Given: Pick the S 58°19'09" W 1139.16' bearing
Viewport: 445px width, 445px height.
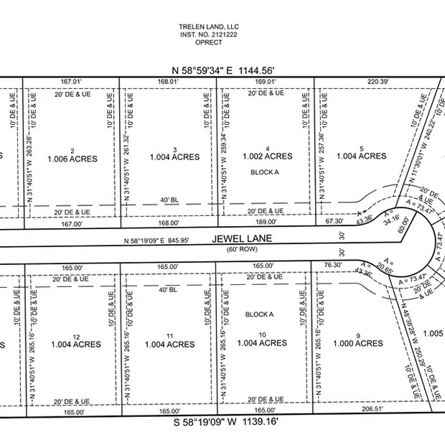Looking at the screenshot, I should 225,422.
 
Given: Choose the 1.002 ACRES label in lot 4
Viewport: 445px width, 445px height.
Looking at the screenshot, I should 267,156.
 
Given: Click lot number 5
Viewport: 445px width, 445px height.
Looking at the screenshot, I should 362,149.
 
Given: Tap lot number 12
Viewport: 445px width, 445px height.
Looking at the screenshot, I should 75,336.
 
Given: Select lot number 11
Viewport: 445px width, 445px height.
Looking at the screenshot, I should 169,336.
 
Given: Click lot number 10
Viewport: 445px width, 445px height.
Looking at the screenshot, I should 262,335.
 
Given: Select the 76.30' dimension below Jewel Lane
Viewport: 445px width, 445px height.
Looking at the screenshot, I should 332,265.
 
